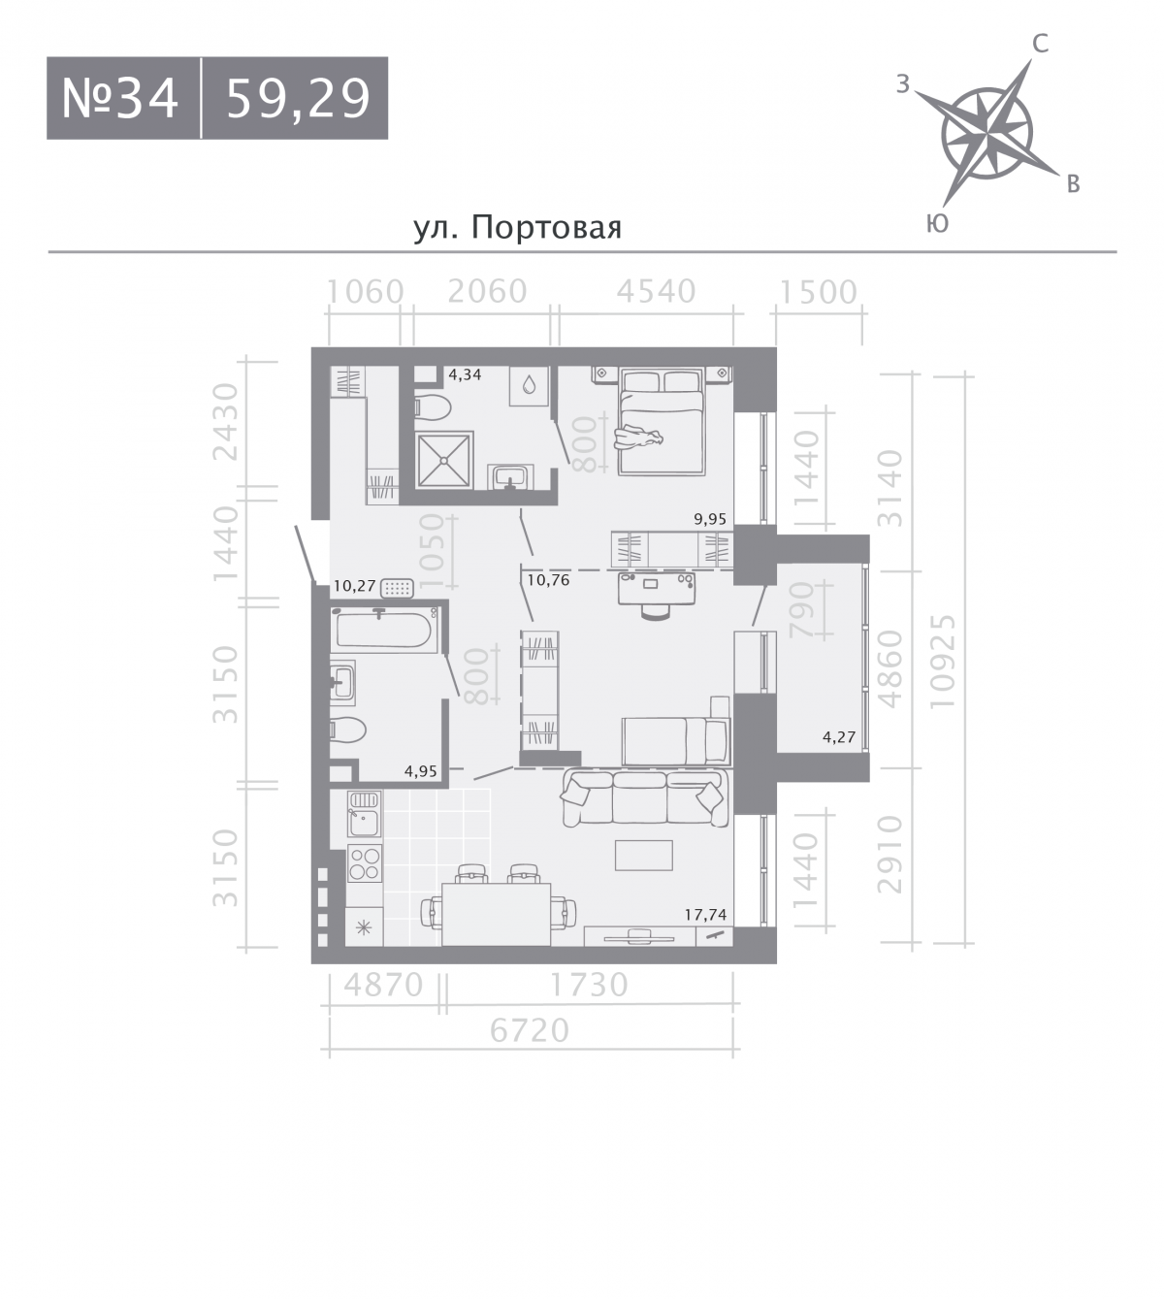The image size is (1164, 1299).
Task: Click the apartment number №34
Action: pyautogui.click(x=119, y=99)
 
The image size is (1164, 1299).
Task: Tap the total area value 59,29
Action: pyautogui.click(x=299, y=99)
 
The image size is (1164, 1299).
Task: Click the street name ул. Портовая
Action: pyautogui.click(x=518, y=228)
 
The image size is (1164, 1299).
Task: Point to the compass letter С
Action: pyautogui.click(x=1040, y=44)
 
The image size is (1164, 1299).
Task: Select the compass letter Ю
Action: pyautogui.click(x=937, y=223)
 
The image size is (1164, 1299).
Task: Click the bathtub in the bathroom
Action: pyautogui.click(x=383, y=629)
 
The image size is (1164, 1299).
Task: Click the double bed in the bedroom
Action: pyautogui.click(x=662, y=421)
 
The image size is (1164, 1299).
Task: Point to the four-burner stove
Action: pyautogui.click(x=365, y=863)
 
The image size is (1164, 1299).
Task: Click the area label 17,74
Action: pyautogui.click(x=705, y=915)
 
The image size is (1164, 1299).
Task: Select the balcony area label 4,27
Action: pyautogui.click(x=838, y=737)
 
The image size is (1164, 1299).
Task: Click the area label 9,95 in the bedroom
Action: pyautogui.click(x=710, y=519)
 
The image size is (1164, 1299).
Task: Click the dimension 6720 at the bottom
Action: pyautogui.click(x=530, y=1031)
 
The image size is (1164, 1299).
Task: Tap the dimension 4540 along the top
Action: pyautogui.click(x=657, y=292)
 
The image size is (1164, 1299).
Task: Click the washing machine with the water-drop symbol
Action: pyautogui.click(x=529, y=386)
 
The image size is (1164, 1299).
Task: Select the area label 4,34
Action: pyautogui.click(x=465, y=374)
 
